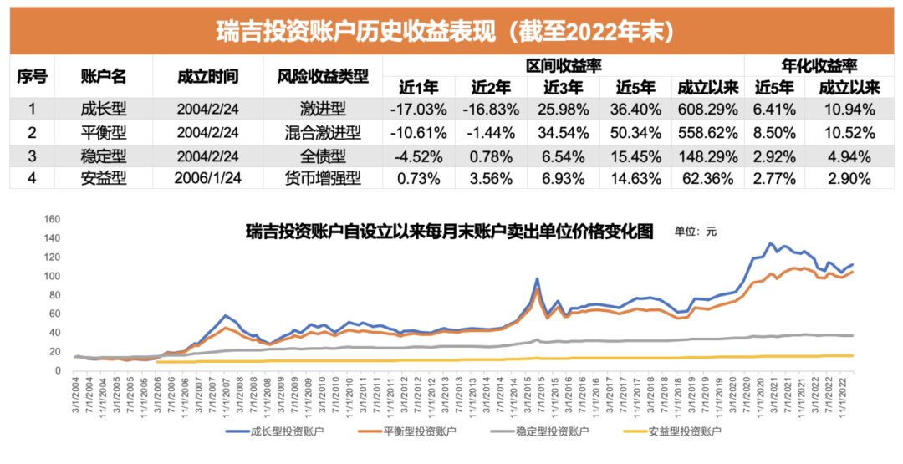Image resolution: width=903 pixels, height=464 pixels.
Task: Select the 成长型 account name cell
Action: point(103,109)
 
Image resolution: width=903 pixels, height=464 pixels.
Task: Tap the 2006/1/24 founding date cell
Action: point(208,178)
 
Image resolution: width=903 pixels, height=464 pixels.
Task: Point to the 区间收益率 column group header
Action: point(563,65)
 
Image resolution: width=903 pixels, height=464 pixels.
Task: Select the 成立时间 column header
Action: point(208,76)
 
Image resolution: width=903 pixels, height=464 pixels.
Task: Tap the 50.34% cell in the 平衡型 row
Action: point(635,132)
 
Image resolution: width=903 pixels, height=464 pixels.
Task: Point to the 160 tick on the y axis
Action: point(53,219)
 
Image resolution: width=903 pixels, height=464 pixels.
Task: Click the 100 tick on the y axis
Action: point(53,276)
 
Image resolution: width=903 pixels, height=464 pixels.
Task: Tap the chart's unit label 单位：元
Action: point(696,232)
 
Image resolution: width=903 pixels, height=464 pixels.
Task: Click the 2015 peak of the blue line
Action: point(536,279)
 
